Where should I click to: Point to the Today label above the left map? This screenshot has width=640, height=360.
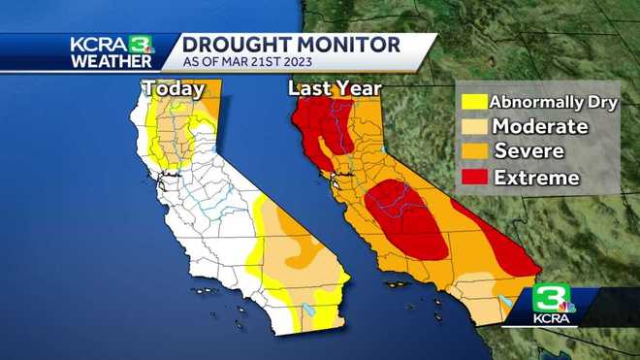[x=174, y=89]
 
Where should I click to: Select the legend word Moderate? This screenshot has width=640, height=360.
[x=539, y=126]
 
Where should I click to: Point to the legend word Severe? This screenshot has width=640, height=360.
[x=529, y=151]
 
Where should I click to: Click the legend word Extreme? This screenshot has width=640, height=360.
[x=536, y=178]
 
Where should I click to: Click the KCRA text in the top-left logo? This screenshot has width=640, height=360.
[x=97, y=44]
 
